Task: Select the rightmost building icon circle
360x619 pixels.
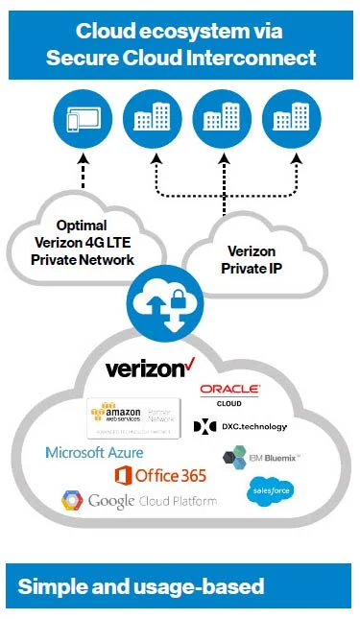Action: (x=283, y=120)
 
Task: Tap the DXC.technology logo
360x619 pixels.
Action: (x=241, y=425)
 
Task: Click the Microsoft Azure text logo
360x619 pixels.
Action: (x=94, y=452)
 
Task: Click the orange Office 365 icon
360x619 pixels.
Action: (x=123, y=475)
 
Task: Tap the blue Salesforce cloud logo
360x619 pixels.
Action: (x=271, y=491)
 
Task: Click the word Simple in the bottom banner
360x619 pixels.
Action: (x=49, y=586)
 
